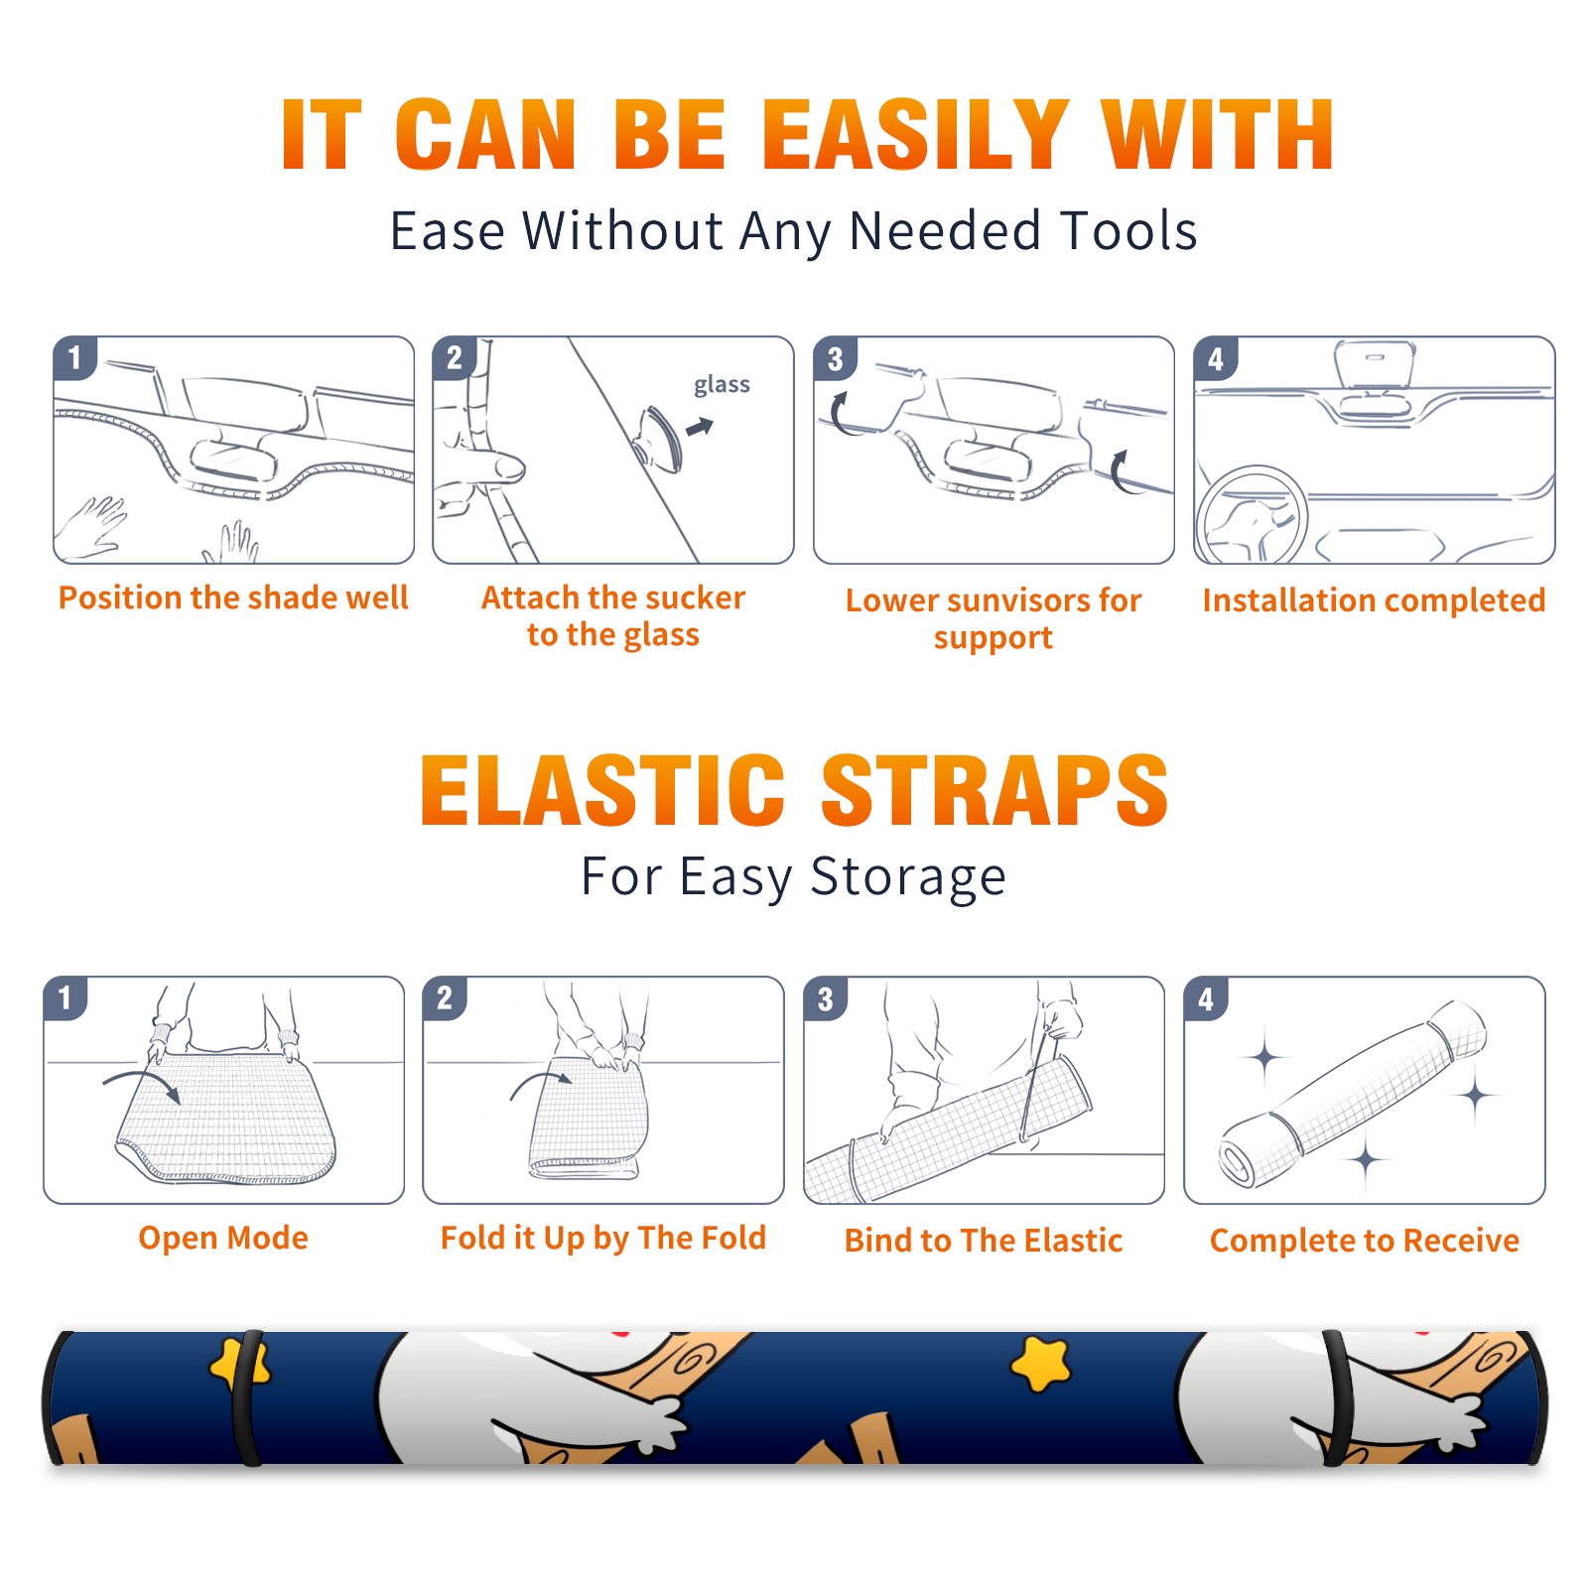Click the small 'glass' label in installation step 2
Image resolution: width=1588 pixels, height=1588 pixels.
tap(722, 385)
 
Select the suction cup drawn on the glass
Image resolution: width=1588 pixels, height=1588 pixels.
tap(659, 438)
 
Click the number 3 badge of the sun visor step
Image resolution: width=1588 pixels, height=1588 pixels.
tap(835, 358)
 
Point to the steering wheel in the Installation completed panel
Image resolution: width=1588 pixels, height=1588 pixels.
tap(1252, 515)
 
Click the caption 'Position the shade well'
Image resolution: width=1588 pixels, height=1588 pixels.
tap(233, 597)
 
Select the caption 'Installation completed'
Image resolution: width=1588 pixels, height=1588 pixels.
tap(1374, 600)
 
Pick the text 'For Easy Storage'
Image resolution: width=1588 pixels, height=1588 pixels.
tap(793, 876)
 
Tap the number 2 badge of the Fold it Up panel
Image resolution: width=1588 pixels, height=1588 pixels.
tap(444, 997)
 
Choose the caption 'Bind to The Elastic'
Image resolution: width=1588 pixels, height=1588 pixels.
tap(984, 1241)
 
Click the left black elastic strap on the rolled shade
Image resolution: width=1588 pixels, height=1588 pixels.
tap(248, 1398)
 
